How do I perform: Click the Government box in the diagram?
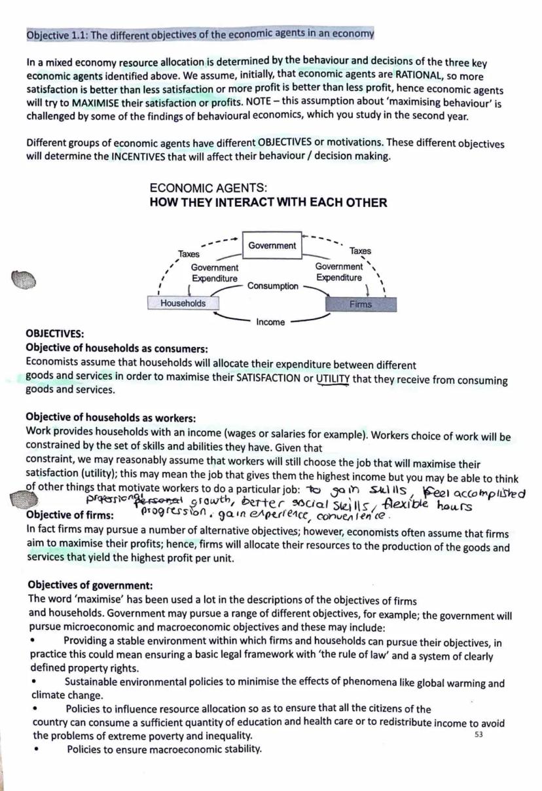[272, 246]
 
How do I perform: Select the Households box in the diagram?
[183, 303]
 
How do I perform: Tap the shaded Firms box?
[360, 304]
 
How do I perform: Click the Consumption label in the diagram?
[273, 286]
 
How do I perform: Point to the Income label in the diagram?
[270, 322]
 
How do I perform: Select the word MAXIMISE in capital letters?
[97, 103]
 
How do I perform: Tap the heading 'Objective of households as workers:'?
[111, 418]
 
